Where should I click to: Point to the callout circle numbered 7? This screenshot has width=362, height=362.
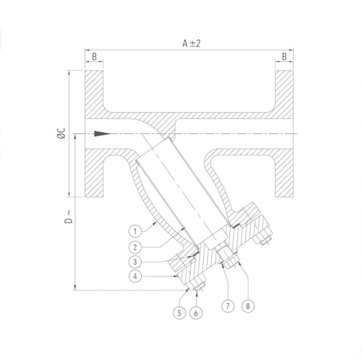(x=227, y=306)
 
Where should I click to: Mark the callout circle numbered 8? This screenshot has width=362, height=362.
(x=248, y=306)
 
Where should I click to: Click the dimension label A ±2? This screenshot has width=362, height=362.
(x=190, y=43)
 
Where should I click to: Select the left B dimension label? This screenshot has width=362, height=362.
(x=94, y=56)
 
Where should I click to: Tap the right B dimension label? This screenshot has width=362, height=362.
(x=284, y=56)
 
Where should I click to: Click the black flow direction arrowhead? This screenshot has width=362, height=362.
(x=103, y=133)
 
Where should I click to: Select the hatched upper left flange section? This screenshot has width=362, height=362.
(x=94, y=93)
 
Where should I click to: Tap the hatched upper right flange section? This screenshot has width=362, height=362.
(x=284, y=93)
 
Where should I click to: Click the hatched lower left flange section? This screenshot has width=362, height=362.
(x=94, y=173)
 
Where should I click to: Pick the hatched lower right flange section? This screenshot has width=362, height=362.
(x=284, y=173)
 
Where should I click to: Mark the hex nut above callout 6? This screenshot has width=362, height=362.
(x=197, y=285)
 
